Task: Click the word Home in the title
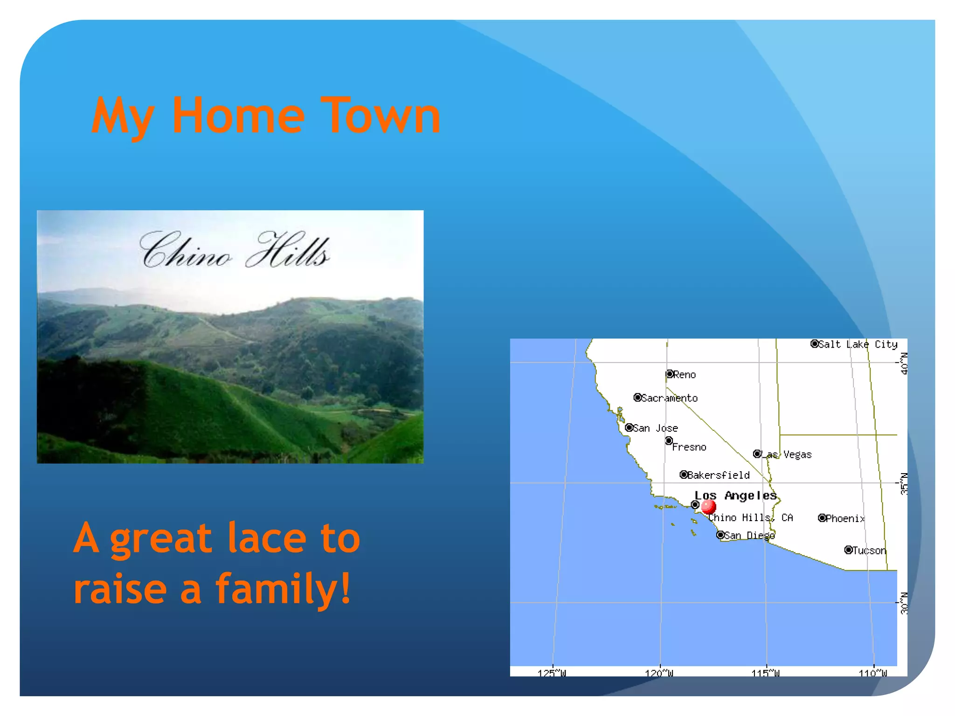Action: coord(238,115)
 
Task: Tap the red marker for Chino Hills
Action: coord(708,506)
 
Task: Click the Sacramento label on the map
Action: coord(669,398)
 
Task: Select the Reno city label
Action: coord(684,375)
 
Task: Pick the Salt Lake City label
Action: coord(858,344)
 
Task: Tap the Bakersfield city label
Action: coord(718,475)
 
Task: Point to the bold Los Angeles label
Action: coord(735,496)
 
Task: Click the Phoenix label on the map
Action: coord(845,518)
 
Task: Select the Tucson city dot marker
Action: coord(849,550)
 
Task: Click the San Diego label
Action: coord(749,536)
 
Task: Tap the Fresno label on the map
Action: coord(689,447)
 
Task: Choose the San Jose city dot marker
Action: coord(629,427)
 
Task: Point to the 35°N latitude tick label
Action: coord(904,483)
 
